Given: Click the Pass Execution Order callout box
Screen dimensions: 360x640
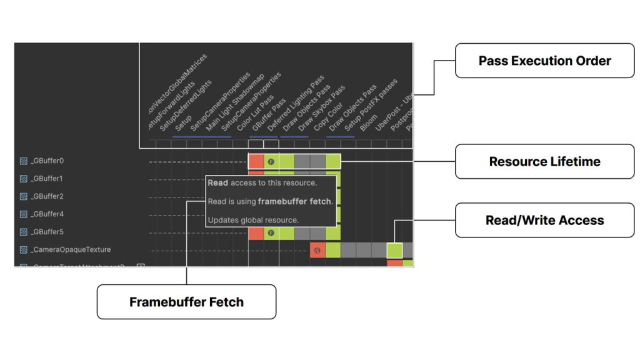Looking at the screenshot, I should pos(544,61).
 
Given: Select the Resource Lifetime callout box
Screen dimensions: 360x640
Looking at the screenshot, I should pos(544,161).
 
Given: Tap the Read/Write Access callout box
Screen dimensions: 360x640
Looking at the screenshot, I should pos(544,220).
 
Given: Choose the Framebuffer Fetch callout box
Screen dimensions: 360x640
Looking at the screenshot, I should pos(186,302).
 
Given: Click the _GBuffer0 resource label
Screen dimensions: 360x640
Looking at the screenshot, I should pos(47,161).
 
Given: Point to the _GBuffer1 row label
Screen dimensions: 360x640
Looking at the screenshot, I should pos(47,179).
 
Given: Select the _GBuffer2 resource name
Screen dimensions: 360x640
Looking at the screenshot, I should pos(47,196).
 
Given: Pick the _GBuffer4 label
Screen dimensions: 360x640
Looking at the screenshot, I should pos(47,214).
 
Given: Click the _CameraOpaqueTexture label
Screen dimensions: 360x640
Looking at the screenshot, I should pos(71,250).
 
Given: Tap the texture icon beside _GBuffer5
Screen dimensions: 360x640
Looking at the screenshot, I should pos(23,232).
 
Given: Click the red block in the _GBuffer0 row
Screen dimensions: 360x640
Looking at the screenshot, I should pos(256,161).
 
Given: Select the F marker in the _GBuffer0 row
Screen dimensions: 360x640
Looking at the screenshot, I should pos(271,161).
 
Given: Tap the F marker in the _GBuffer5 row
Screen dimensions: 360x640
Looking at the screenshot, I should pos(271,232).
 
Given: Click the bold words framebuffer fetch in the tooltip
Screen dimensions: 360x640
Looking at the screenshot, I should pos(295,201).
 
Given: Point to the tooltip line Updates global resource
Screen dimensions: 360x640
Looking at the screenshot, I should pos(253,220).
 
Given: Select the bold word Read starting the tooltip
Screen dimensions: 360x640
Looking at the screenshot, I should pos(217,183).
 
